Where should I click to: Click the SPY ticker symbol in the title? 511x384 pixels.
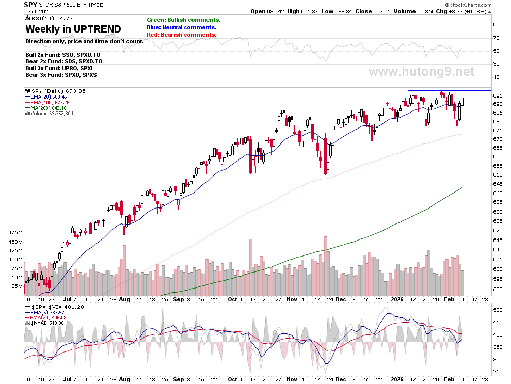tap(30, 5)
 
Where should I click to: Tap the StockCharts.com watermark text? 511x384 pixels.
tap(469, 5)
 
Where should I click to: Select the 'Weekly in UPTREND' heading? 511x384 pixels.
tap(73, 29)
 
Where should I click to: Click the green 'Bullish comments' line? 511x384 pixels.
tap(183, 20)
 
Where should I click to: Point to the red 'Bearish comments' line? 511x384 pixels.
tap(182, 35)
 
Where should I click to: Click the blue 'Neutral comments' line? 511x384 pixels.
tap(182, 27)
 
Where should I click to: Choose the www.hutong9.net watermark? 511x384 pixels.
tap(421, 71)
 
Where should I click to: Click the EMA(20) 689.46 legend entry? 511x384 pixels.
tap(46, 97)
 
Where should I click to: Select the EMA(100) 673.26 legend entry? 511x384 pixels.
tap(47, 102)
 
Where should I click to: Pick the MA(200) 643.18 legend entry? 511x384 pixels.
tap(46, 108)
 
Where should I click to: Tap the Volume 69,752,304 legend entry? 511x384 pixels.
tap(50, 114)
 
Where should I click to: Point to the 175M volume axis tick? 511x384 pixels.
tap(16, 232)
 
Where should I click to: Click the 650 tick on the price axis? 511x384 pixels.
tap(498, 175)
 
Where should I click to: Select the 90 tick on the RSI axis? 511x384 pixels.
tap(497, 24)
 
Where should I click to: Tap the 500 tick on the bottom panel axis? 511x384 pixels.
tap(498, 310)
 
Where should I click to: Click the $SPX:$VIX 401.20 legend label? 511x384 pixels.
tap(55, 307)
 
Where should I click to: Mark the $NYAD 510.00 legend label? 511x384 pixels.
tap(44, 323)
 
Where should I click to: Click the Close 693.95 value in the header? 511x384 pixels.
tap(373, 11)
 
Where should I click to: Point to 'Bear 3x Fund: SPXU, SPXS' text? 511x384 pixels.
tap(61, 75)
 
